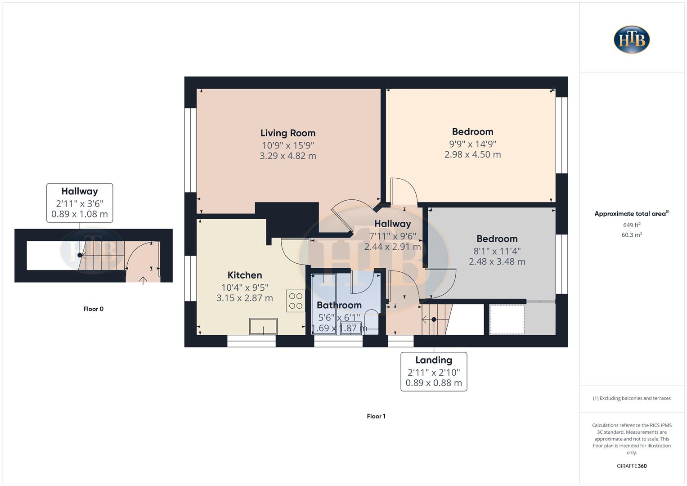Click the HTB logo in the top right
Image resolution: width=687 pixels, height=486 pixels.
click(632, 40)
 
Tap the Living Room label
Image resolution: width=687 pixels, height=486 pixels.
click(287, 133)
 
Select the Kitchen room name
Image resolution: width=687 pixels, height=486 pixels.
click(244, 275)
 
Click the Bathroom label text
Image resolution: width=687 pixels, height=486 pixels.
click(339, 305)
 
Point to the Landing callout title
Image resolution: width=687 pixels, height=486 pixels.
click(434, 360)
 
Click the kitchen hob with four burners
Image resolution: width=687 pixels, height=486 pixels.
click(296, 301)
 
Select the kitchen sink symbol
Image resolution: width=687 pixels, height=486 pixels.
click(263, 326)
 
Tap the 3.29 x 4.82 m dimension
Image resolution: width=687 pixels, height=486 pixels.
click(287, 156)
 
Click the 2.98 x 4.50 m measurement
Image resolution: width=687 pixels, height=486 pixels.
click(472, 154)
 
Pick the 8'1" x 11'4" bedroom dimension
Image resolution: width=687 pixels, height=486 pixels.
click(497, 251)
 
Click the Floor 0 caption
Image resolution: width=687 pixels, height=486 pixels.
click(93, 309)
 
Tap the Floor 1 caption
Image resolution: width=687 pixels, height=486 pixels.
click(376, 416)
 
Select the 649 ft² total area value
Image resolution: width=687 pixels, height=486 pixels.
click(631, 225)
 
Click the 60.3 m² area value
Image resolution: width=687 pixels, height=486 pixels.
click(631, 235)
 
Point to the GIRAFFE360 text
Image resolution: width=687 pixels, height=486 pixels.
click(631, 466)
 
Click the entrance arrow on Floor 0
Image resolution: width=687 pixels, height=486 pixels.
click(143, 281)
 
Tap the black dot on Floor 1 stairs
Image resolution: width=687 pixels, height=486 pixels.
click(434, 319)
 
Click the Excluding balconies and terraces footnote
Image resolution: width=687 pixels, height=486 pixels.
click(631, 398)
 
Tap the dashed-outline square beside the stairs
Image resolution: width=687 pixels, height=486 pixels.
click(507, 319)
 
